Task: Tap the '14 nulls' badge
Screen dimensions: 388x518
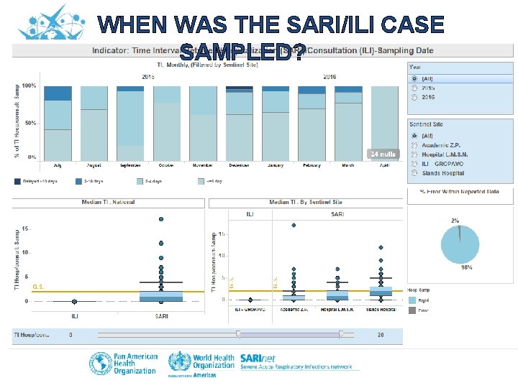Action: tap(382, 154)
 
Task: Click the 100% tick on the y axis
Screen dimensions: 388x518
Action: tap(30, 86)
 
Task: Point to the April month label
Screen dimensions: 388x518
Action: tap(384, 165)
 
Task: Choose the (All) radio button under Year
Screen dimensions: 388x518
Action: tap(414, 78)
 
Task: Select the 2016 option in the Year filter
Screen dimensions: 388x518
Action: tap(414, 96)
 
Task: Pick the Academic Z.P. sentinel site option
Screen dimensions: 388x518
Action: tap(414, 144)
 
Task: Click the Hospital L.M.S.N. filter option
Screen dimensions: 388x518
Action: tap(414, 154)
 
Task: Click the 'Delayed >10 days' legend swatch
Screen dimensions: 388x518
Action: tap(17, 182)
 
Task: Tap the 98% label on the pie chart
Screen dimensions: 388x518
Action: tap(466, 267)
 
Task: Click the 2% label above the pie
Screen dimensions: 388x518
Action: tap(455, 220)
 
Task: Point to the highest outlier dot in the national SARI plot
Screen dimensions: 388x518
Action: tap(161, 218)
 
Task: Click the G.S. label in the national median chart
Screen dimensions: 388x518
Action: tap(39, 287)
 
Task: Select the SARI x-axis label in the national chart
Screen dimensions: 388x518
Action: tap(161, 316)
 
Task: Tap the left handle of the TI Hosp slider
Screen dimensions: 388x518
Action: tap(238, 334)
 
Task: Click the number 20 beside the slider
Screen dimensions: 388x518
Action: tap(380, 335)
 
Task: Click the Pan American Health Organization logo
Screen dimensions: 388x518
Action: tap(123, 363)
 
